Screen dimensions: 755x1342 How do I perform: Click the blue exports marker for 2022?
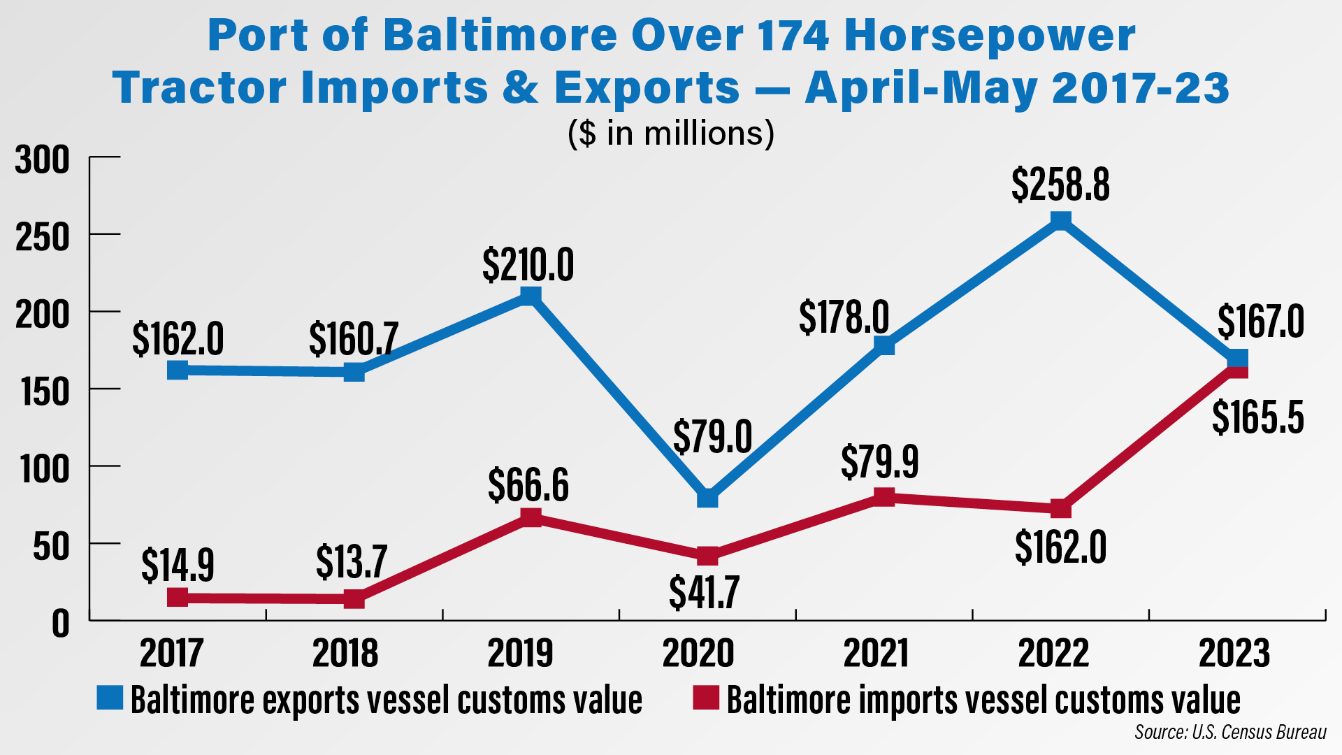click(x=1060, y=221)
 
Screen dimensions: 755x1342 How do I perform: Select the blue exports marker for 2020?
click(x=707, y=498)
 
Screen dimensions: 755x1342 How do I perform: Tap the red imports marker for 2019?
click(x=531, y=517)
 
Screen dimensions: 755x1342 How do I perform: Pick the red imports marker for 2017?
click(x=178, y=598)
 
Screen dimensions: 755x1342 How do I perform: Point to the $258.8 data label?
click(x=1060, y=185)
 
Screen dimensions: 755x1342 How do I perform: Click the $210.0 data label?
click(x=528, y=265)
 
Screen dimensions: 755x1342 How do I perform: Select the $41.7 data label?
click(x=704, y=593)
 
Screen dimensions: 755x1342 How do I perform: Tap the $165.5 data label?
click(x=1257, y=418)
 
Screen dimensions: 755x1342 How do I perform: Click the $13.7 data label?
click(x=351, y=561)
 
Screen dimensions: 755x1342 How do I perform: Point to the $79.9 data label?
click(x=879, y=461)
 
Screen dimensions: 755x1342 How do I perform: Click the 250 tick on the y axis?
click(x=43, y=238)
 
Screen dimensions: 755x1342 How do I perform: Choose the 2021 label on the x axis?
click(x=875, y=654)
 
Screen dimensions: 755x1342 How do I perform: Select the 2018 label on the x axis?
click(x=345, y=654)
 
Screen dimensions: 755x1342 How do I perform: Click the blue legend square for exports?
click(x=110, y=698)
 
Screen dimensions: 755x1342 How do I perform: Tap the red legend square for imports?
click(x=705, y=698)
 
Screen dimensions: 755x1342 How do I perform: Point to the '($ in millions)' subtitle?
click(x=671, y=133)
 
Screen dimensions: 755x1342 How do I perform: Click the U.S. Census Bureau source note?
click(x=1230, y=732)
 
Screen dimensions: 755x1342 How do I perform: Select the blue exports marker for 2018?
click(x=354, y=371)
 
